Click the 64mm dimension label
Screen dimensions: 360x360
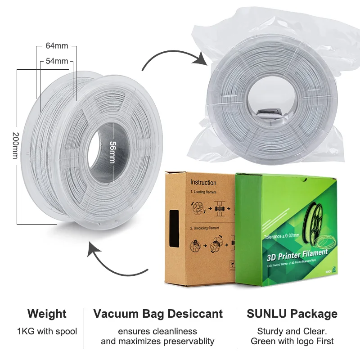(x=57, y=46)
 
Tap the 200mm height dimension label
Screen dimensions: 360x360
(x=15, y=146)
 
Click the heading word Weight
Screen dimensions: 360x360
(x=47, y=314)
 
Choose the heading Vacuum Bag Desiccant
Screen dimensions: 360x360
(x=158, y=314)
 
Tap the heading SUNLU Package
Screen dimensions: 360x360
(x=292, y=314)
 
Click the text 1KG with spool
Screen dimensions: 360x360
(x=47, y=332)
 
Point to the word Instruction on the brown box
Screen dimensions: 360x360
(x=203, y=182)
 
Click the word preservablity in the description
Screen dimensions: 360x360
(x=191, y=341)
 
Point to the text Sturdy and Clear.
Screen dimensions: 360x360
(x=292, y=332)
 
